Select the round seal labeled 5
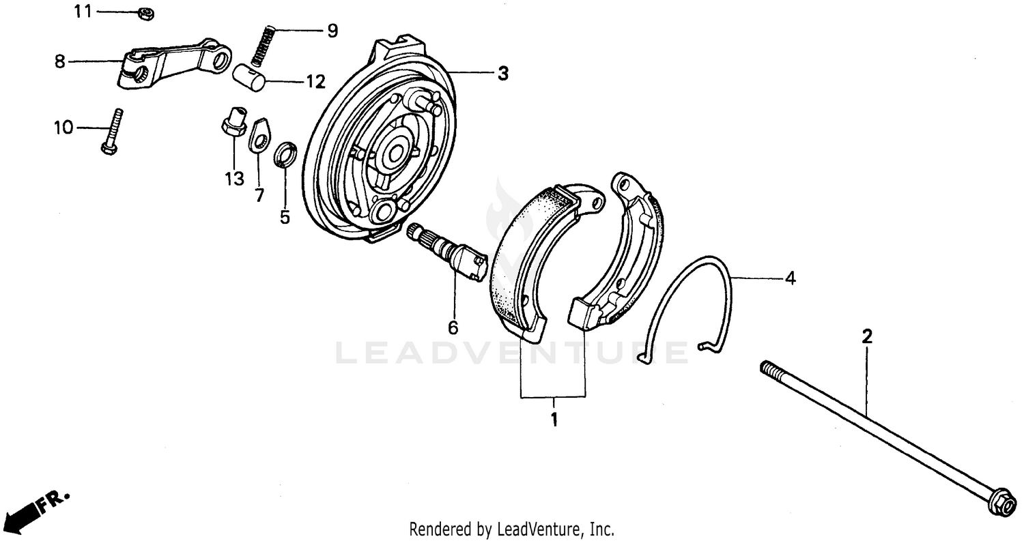click(285, 155)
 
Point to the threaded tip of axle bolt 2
click(769, 369)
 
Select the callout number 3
click(502, 74)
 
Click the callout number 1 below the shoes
click(554, 419)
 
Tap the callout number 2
click(867, 336)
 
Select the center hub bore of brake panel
click(396, 154)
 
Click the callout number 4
click(790, 278)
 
